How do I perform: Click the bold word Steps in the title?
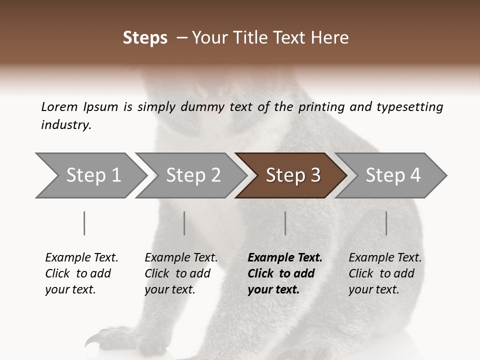pyautogui.click(x=145, y=38)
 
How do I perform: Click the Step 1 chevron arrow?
pyautogui.click(x=90, y=175)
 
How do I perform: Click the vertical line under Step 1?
pyautogui.click(x=84, y=223)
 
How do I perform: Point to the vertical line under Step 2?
pyautogui.click(x=184, y=223)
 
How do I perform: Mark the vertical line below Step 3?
pyautogui.click(x=285, y=223)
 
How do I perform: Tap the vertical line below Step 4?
pyautogui.click(x=386, y=223)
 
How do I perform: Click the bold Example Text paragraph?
pyautogui.click(x=284, y=273)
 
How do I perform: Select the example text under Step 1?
pyautogui.click(x=81, y=273)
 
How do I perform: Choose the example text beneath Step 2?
pyautogui.click(x=180, y=273)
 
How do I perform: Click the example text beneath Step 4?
pyautogui.click(x=384, y=273)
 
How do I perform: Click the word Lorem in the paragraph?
pyautogui.click(x=59, y=106)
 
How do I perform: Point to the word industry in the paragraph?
pyautogui.click(x=66, y=125)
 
